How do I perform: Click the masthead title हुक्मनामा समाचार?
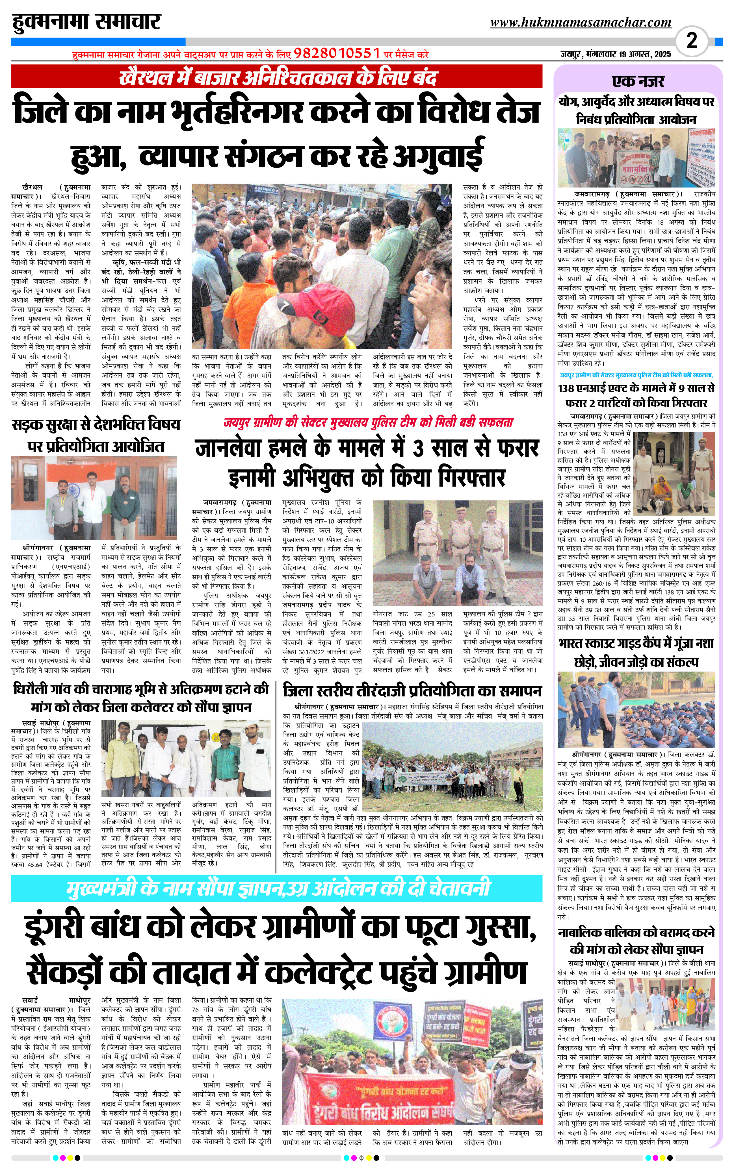86,22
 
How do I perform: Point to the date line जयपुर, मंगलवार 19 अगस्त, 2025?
616,54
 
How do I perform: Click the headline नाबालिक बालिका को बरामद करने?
636,932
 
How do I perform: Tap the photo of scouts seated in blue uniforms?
636,709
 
